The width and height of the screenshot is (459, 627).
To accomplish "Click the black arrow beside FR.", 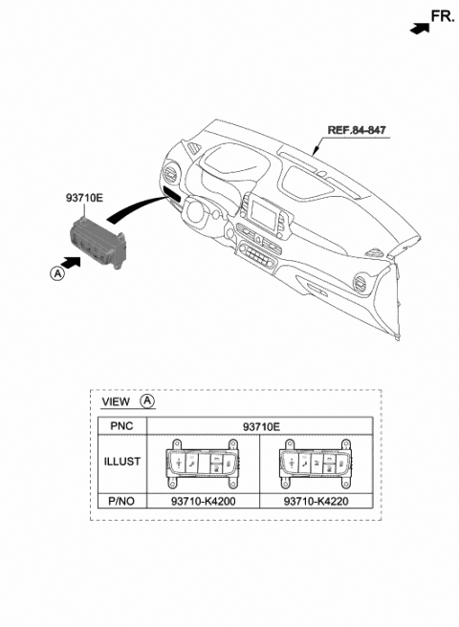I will point(418,29).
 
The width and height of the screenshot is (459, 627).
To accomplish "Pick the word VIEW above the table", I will point(117,402).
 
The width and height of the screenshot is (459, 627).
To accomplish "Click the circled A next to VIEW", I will point(148,402).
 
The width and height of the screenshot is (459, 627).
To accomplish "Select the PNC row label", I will point(121,426).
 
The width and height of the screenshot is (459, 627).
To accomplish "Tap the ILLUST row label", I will point(121,462).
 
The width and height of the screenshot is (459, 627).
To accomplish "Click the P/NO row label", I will point(121,497).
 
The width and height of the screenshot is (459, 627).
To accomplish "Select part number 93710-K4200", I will point(202,497).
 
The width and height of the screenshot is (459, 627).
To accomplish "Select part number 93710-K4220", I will point(317,497).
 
